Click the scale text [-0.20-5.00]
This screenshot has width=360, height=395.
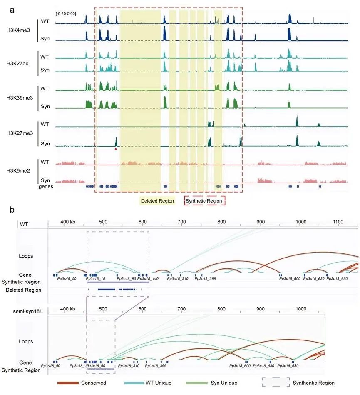pos(66,14)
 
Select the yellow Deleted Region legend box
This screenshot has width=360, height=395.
pos(156,201)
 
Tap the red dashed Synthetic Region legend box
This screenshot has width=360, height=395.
pos(204,201)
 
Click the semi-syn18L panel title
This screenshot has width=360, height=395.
pos(31,311)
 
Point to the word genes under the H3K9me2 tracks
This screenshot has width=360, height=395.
pos(46,187)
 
